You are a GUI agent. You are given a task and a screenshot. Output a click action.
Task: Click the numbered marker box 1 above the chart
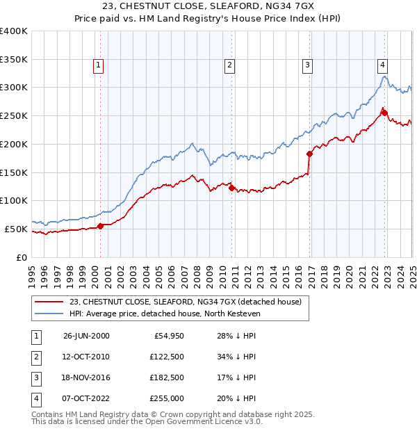click(x=99, y=66)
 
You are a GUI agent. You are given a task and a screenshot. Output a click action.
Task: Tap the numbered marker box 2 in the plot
click(x=229, y=66)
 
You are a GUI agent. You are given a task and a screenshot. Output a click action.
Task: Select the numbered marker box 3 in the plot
click(x=306, y=66)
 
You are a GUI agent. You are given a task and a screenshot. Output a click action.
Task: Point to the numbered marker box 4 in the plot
click(x=382, y=66)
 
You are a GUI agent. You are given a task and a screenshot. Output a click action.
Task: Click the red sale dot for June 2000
click(x=101, y=225)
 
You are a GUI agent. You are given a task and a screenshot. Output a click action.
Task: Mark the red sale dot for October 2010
click(x=231, y=188)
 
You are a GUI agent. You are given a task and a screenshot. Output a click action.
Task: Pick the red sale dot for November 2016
click(x=309, y=154)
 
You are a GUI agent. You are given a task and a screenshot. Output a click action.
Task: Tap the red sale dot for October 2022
click(x=384, y=113)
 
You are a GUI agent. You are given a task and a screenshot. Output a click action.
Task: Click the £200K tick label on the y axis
click(x=14, y=144)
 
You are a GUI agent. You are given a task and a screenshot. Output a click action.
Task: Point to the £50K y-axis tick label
click(x=17, y=229)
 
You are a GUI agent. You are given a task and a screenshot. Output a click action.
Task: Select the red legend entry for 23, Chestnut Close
click(x=185, y=302)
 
